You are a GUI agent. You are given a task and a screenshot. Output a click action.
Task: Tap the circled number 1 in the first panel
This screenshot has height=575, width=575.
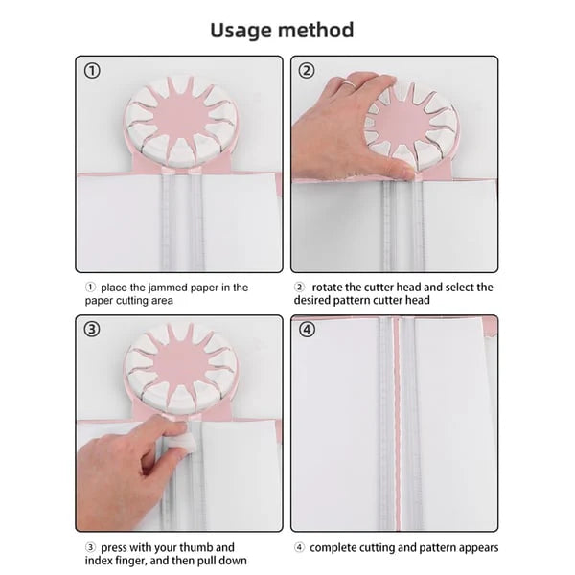tap(92, 70)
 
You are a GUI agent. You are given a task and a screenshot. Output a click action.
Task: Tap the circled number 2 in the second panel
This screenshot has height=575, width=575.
tap(308, 70)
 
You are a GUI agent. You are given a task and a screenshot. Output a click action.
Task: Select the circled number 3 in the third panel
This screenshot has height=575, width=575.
tap(92, 330)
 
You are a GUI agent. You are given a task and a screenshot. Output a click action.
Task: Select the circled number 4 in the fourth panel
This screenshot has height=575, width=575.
tap(308, 330)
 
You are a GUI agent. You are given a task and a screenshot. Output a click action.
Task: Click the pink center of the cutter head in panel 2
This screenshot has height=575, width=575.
tap(411, 122)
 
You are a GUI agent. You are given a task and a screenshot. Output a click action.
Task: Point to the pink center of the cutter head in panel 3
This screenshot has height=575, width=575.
tap(179, 364)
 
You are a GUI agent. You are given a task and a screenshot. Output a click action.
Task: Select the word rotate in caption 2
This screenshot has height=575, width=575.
tap(328, 287)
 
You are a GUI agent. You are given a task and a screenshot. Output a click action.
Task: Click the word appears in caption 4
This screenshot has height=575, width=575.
tap(476, 547)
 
